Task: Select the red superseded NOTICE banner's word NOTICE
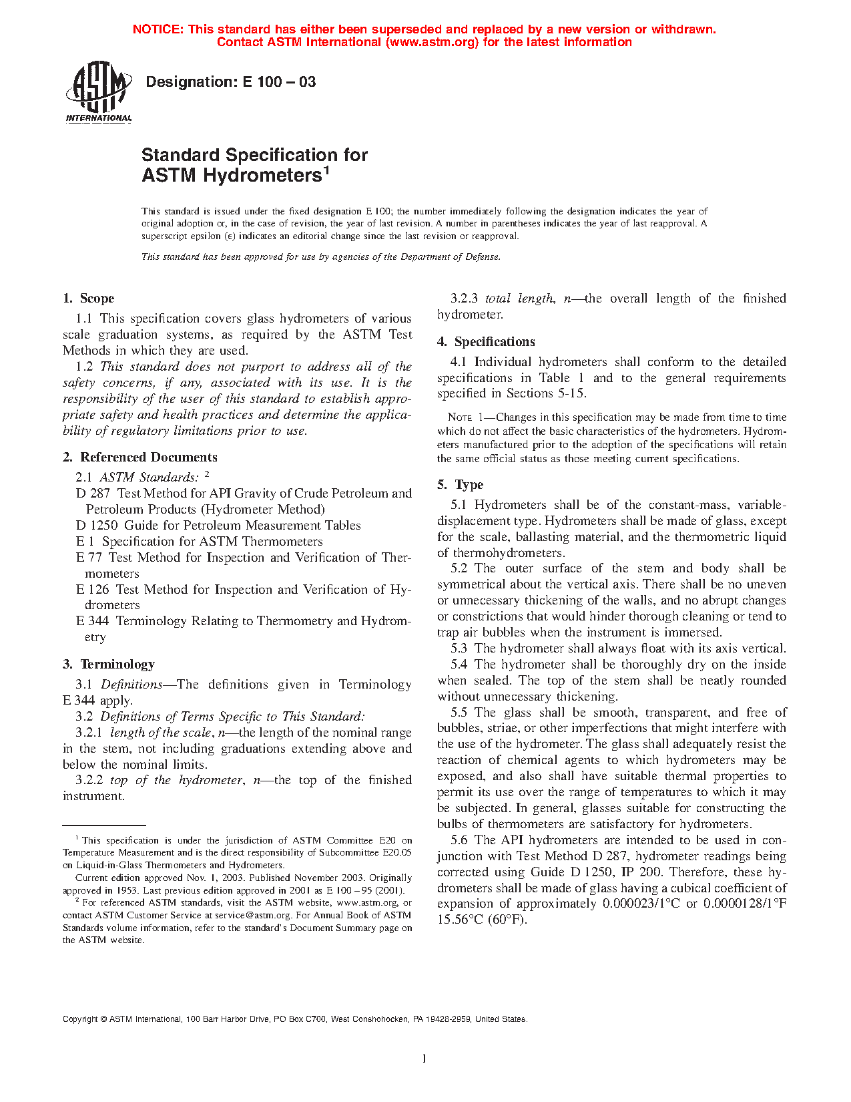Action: click(x=158, y=29)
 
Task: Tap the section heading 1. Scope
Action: click(x=89, y=299)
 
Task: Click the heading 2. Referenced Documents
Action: click(x=140, y=457)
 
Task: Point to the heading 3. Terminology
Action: click(x=109, y=665)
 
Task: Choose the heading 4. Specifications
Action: click(x=486, y=342)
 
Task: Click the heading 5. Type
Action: click(x=461, y=485)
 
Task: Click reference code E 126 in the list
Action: click(x=92, y=590)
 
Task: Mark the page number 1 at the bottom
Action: click(x=424, y=1058)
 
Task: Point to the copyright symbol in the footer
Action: click(x=103, y=1019)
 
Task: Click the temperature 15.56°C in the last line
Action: click(x=460, y=920)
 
